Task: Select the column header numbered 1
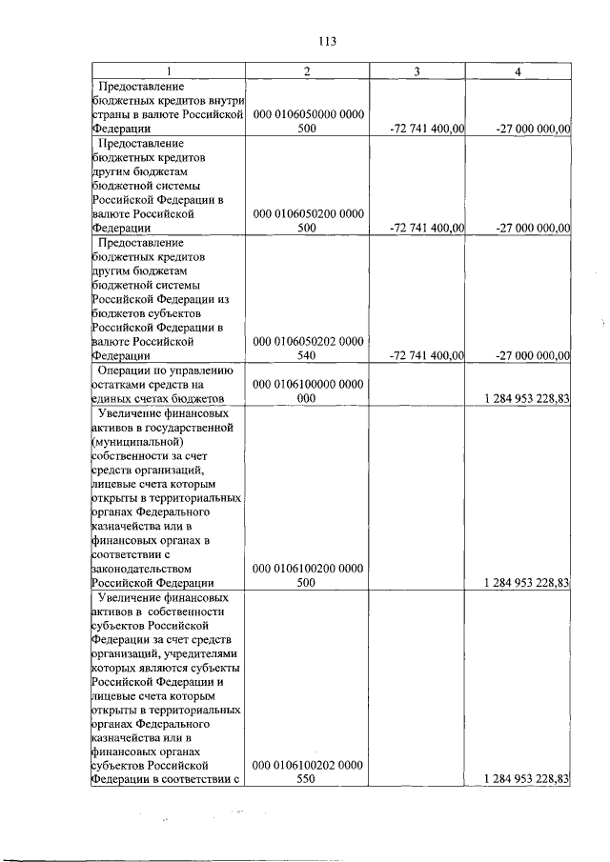pos(169,72)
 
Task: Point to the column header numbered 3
pos(417,72)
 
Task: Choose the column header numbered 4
pos(518,72)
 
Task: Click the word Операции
pos(129,370)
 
